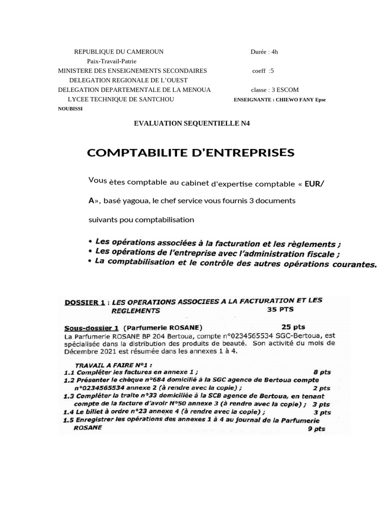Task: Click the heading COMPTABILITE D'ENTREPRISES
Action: [x=191, y=152]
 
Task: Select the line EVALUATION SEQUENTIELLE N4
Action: [x=191, y=123]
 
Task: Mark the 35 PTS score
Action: [x=283, y=309]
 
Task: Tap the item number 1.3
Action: [x=69, y=396]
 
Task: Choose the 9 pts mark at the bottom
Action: [x=316, y=428]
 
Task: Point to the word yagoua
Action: [x=136, y=200]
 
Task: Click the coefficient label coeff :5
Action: [x=263, y=71]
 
